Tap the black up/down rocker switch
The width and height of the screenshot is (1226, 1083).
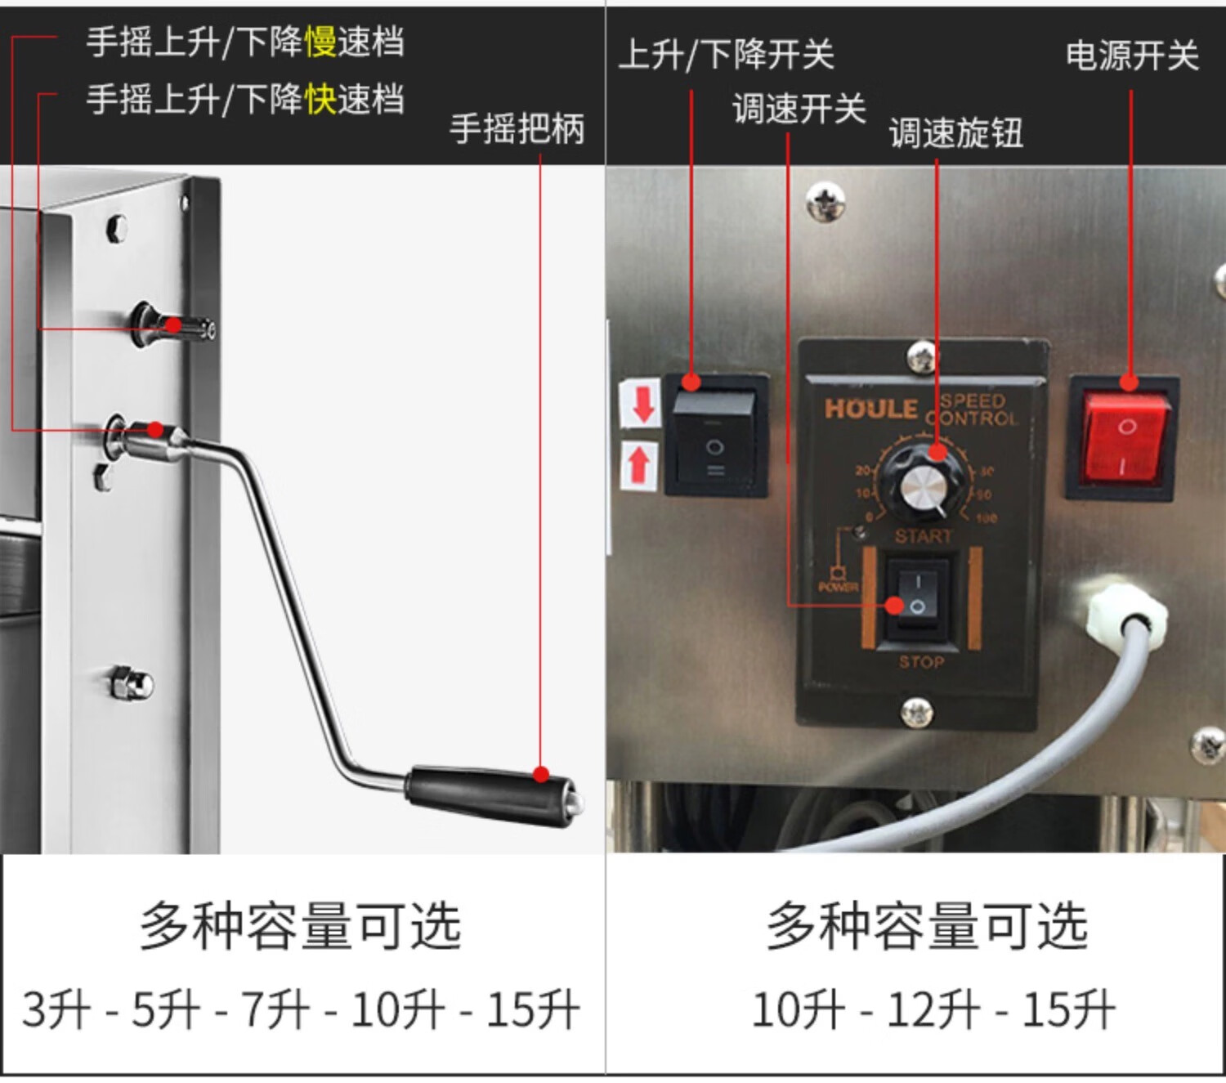(x=715, y=436)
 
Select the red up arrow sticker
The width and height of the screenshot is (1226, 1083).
(x=638, y=465)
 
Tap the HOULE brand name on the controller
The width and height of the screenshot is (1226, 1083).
(x=870, y=408)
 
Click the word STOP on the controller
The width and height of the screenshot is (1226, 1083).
(x=921, y=661)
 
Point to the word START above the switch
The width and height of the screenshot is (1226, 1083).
(x=923, y=536)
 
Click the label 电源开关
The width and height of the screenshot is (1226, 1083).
(x=1131, y=56)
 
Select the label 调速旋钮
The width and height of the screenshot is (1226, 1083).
(x=955, y=132)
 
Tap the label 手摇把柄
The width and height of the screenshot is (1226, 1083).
(x=517, y=128)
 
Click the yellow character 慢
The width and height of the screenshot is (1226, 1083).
(x=320, y=42)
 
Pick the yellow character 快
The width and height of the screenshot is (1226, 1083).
(x=320, y=99)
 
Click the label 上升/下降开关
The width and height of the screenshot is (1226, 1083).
(x=726, y=55)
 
